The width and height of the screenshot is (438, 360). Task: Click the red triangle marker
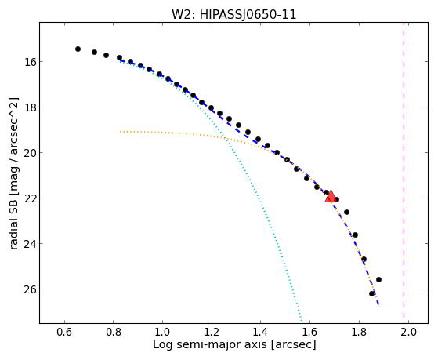pyautogui.click(x=331, y=196)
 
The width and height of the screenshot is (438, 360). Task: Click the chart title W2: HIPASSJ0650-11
pyautogui.click(x=233, y=15)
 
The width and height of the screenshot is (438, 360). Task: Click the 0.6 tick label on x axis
pyautogui.click(x=64, y=333)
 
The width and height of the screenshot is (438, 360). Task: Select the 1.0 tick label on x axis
pyautogui.click(x=162, y=333)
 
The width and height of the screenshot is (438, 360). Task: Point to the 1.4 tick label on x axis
pyautogui.click(x=261, y=333)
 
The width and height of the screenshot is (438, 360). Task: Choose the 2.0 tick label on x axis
pyautogui.click(x=408, y=333)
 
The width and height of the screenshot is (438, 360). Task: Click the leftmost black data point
pyautogui.click(x=78, y=49)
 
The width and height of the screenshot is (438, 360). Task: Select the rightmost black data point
pyautogui.click(x=378, y=279)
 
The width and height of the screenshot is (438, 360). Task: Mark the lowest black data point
pyautogui.click(x=371, y=293)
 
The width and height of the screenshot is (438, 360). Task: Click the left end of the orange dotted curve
pyautogui.click(x=120, y=132)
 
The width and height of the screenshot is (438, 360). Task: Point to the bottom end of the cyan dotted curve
pyautogui.click(x=302, y=321)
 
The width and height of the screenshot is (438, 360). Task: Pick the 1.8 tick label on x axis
pyautogui.click(x=359, y=333)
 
